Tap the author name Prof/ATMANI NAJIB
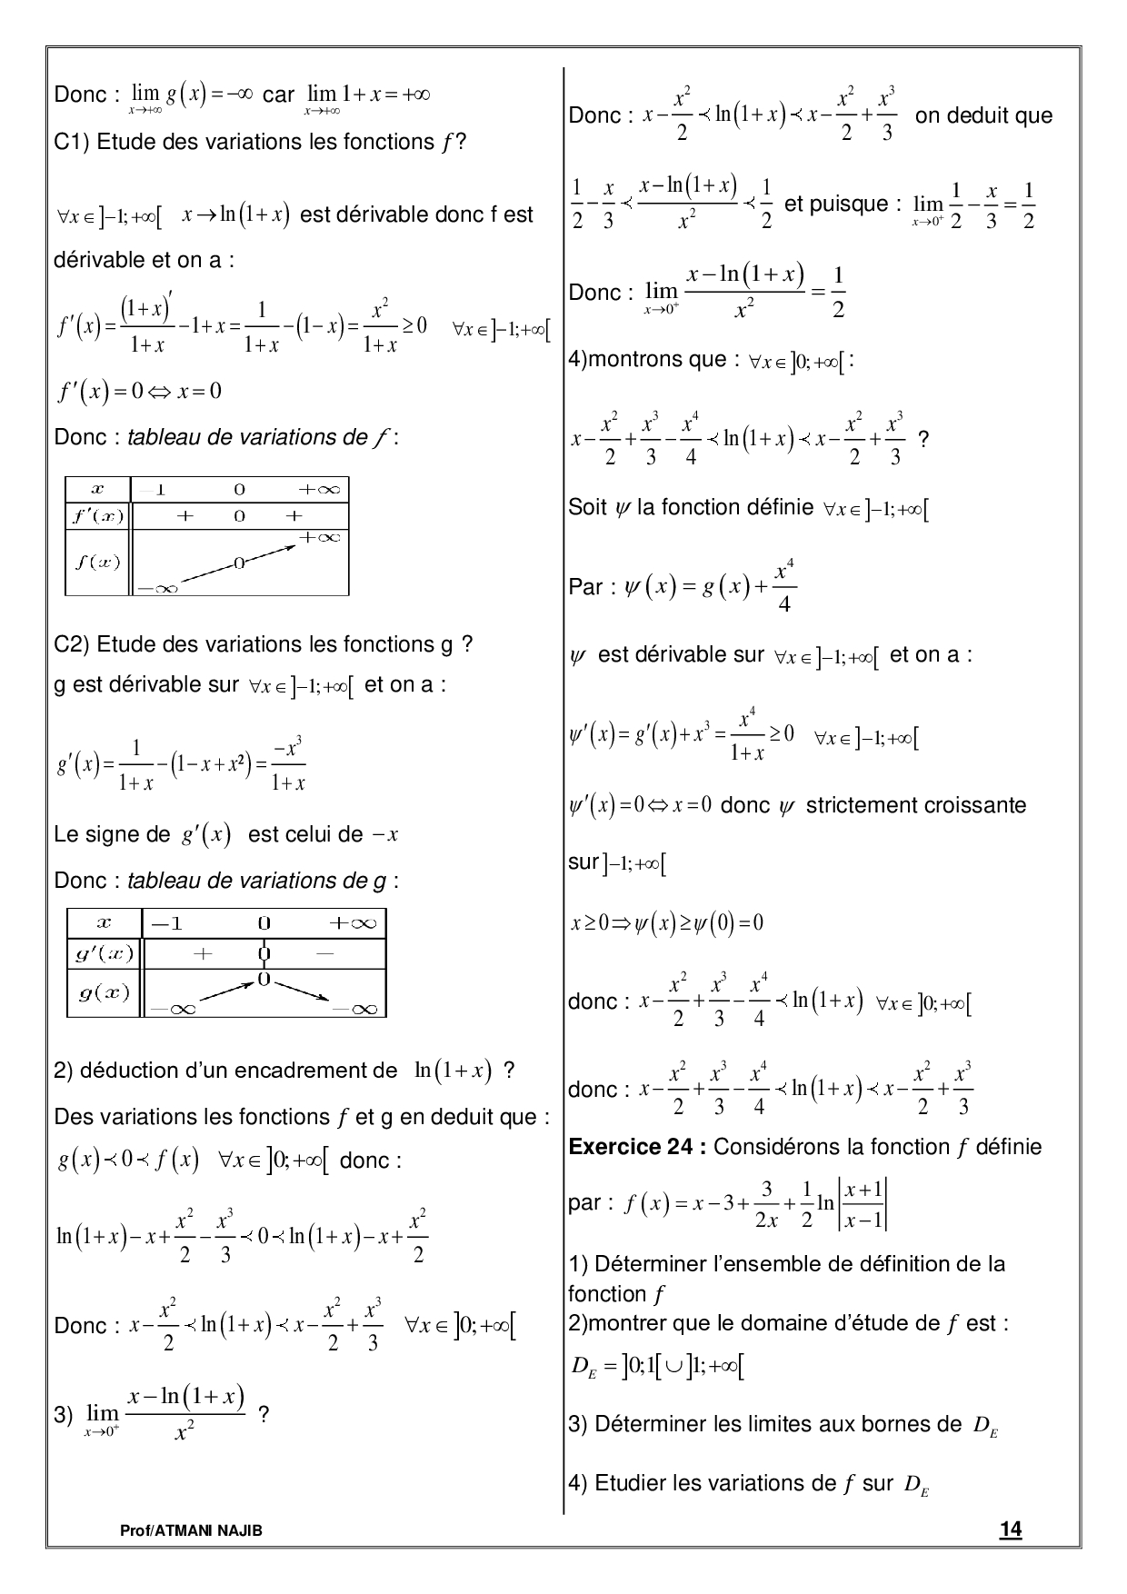191,1530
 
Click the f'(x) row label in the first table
98,516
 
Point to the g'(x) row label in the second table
104,953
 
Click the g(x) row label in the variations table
104,992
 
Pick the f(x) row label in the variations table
97,561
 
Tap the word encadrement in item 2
315,1071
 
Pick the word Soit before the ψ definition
587,507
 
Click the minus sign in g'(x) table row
326,953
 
